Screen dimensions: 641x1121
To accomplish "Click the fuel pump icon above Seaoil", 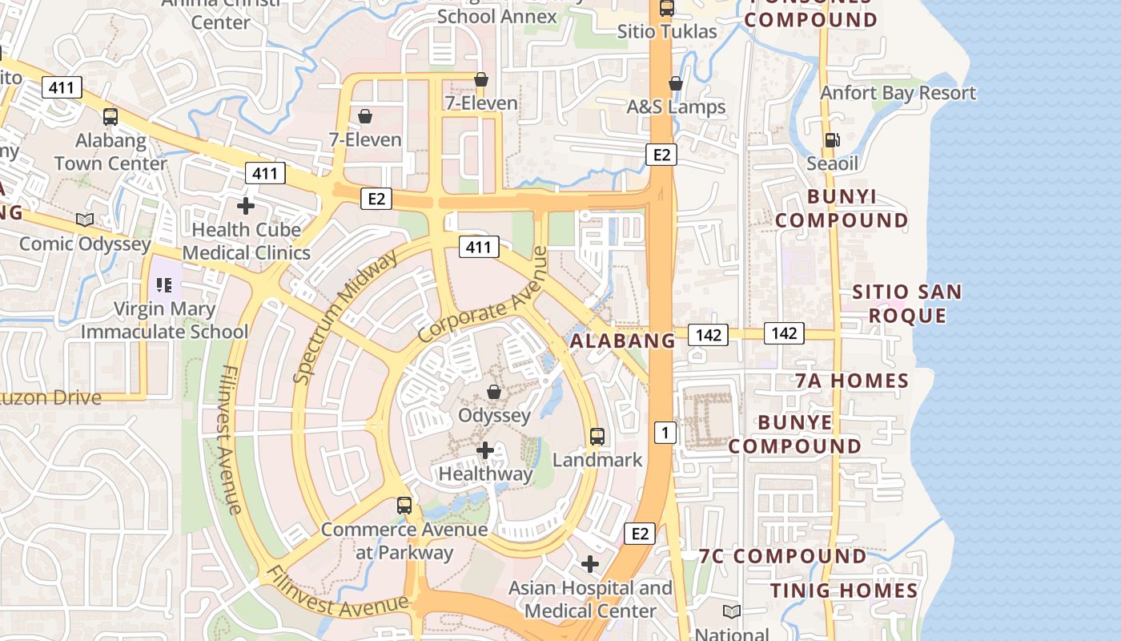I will [832, 140].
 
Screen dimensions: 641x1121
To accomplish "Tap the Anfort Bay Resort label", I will [898, 93].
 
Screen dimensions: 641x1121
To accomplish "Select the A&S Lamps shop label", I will [676, 107].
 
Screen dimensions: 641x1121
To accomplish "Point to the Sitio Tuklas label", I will [667, 32].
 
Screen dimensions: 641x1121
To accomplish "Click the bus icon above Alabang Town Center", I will [110, 117].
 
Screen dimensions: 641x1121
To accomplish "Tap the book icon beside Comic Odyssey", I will [84, 220].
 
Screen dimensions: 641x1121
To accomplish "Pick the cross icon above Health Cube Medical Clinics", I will [246, 206].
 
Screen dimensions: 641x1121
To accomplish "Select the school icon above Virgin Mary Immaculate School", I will [164, 284].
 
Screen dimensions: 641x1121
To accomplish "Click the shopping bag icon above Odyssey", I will [494, 392].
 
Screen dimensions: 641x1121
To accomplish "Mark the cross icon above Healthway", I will [484, 450].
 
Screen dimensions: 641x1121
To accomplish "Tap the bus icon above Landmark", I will [597, 437].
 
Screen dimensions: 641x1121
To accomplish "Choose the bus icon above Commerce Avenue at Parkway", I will [404, 506].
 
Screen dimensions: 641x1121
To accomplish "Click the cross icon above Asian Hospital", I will [590, 564].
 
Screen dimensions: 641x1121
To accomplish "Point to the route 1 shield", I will [665, 433].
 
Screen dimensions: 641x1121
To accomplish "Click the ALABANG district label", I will [623, 341].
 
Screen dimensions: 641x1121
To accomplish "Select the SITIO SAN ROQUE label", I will [907, 304].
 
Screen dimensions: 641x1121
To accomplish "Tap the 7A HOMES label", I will [852, 381].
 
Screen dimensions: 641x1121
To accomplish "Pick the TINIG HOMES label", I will [844, 591].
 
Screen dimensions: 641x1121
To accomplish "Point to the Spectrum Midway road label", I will [345, 317].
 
